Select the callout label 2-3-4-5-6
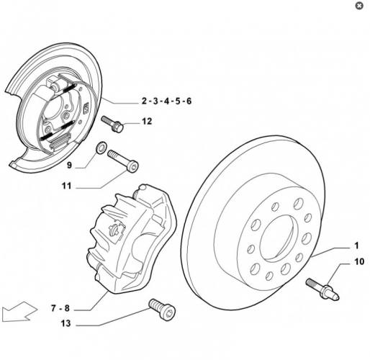point(166,101)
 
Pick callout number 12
point(146,122)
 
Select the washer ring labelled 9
point(102,149)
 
